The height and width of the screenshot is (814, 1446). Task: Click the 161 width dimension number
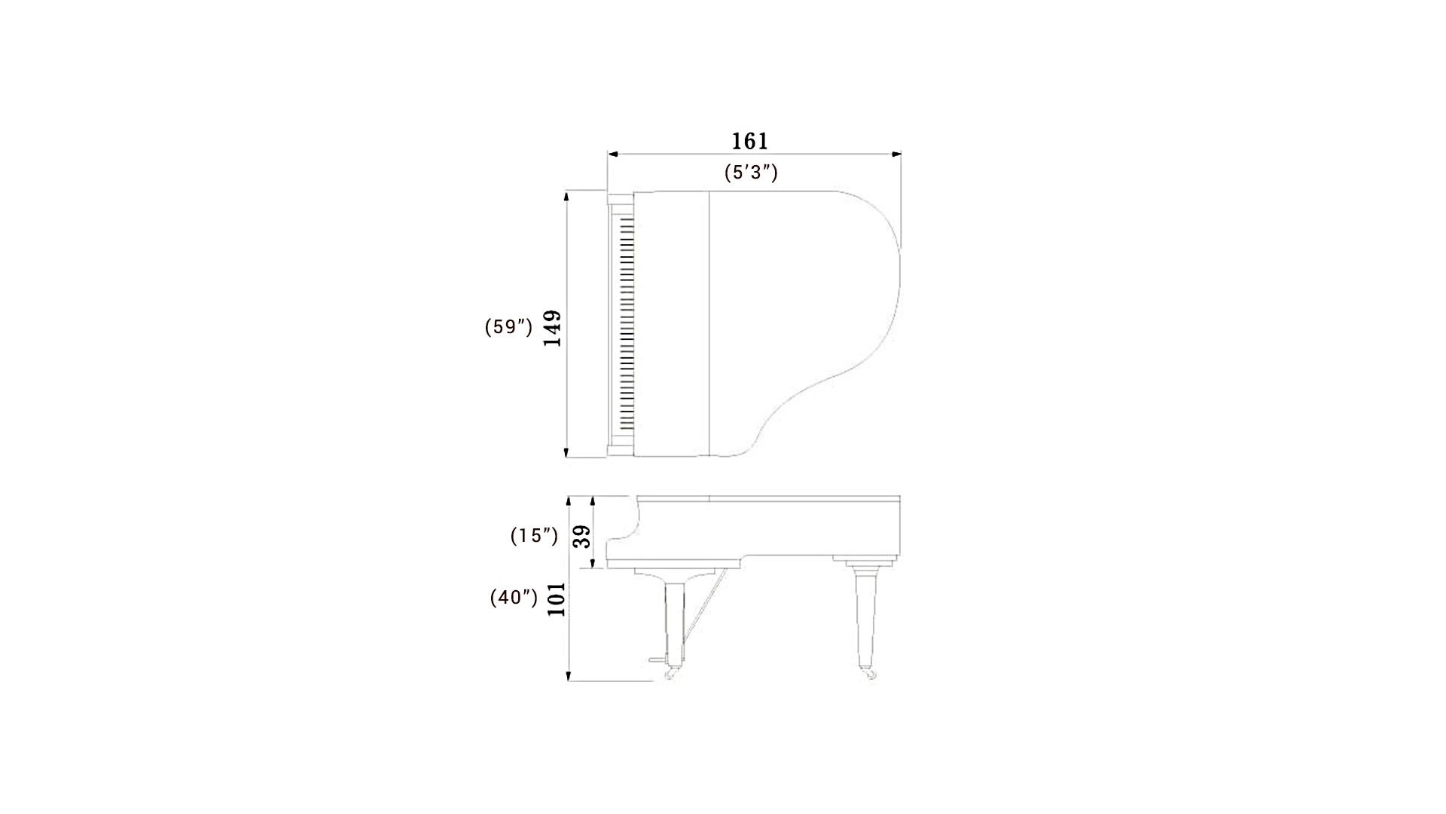tap(749, 141)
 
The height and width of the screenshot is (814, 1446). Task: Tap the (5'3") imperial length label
tap(751, 173)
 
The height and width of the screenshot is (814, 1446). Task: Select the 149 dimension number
tap(553, 328)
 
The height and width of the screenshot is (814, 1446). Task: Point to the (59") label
tap(509, 327)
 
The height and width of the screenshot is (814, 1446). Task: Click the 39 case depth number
tap(582, 537)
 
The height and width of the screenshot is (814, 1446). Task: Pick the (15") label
tap(535, 536)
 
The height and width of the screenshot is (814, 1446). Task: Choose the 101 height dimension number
tap(557, 599)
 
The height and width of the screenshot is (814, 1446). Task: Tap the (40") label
tap(514, 598)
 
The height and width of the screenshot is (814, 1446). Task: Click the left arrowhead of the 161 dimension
tap(613, 155)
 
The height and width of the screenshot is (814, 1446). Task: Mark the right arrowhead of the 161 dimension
tap(896, 155)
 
